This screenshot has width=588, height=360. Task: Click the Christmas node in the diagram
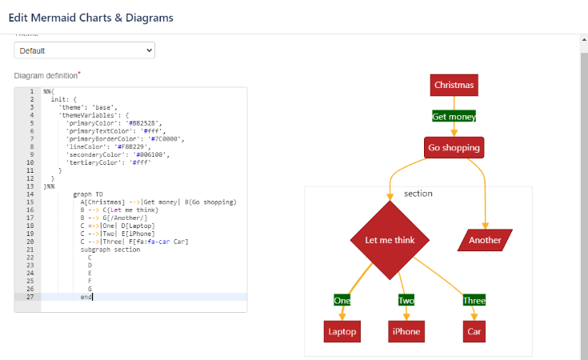454,84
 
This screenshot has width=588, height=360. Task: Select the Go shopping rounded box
454,148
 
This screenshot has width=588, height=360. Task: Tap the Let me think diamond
390,240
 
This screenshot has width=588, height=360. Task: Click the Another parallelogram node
485,240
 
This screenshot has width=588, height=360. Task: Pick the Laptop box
342,331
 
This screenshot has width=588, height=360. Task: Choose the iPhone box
406,331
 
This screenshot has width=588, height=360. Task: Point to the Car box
474,331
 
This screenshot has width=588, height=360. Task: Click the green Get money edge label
454,116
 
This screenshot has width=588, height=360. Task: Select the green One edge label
342,300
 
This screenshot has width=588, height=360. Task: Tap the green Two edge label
406,300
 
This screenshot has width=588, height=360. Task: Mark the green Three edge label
474,300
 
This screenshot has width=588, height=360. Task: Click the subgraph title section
418,194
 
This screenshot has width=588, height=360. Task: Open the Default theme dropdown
84,50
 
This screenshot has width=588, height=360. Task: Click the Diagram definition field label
46,75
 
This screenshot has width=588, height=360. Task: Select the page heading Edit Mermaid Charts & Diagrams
90,17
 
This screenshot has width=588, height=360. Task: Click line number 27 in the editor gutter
30,297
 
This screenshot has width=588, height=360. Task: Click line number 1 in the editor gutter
31,91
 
